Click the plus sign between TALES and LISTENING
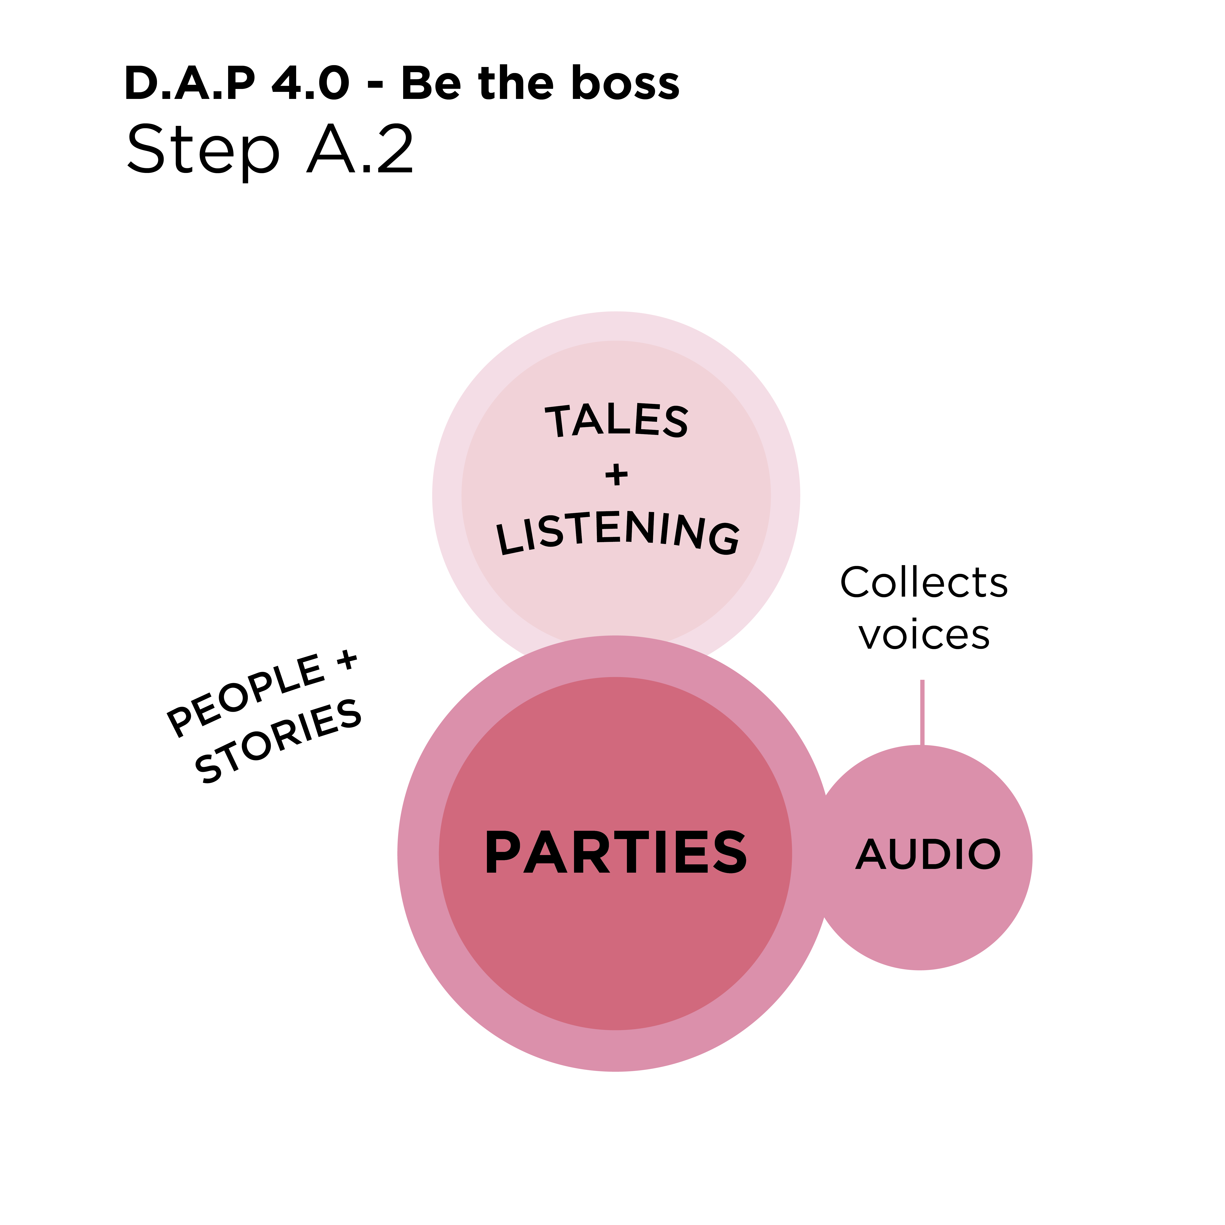click(x=616, y=474)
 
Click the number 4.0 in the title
click(x=310, y=83)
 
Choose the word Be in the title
click(x=431, y=83)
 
